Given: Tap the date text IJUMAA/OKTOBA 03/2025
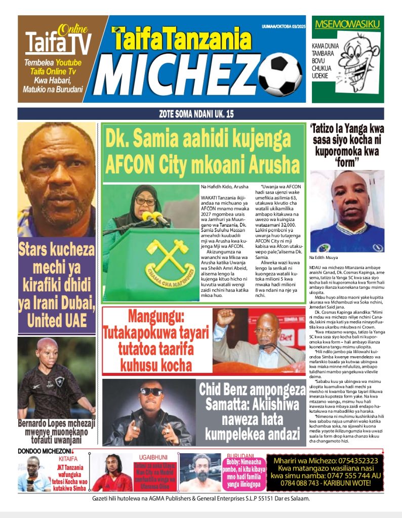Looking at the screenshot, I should click(x=284, y=26).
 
